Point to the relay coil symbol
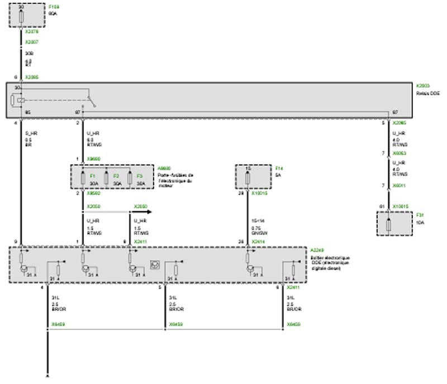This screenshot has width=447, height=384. (21, 100)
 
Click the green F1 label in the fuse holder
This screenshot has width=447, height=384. (93, 176)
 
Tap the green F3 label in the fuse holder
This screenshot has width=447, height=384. (140, 176)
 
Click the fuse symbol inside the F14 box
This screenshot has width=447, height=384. (248, 178)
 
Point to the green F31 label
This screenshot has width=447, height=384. (420, 214)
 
